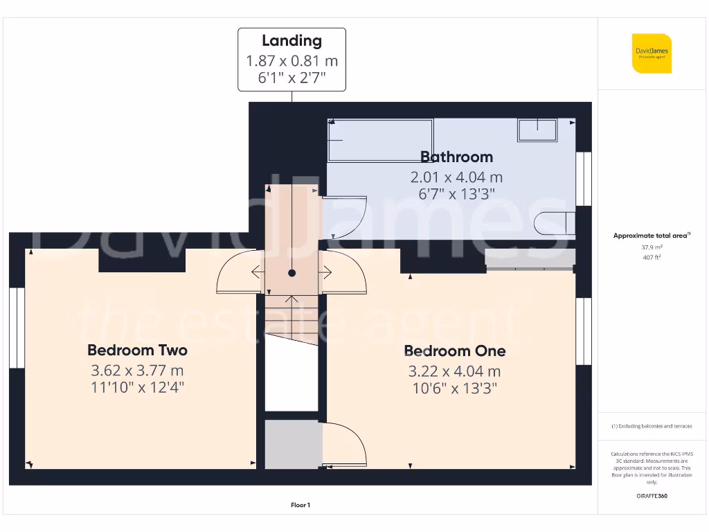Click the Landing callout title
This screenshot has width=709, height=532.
[291, 41]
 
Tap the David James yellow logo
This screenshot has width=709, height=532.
[652, 53]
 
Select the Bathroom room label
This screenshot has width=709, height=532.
[456, 157]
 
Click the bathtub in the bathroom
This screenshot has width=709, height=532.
[379, 140]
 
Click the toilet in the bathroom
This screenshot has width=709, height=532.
[555, 223]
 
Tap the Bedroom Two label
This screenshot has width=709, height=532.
[137, 351]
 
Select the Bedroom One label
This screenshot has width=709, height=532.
[454, 351]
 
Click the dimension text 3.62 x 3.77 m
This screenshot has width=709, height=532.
[137, 370]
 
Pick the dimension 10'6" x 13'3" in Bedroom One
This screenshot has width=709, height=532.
[454, 389]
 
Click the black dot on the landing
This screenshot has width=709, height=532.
[292, 274]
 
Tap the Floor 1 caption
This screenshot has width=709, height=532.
[300, 506]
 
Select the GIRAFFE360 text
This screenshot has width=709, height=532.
[651, 496]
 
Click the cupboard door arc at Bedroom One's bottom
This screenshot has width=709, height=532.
[346, 443]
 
